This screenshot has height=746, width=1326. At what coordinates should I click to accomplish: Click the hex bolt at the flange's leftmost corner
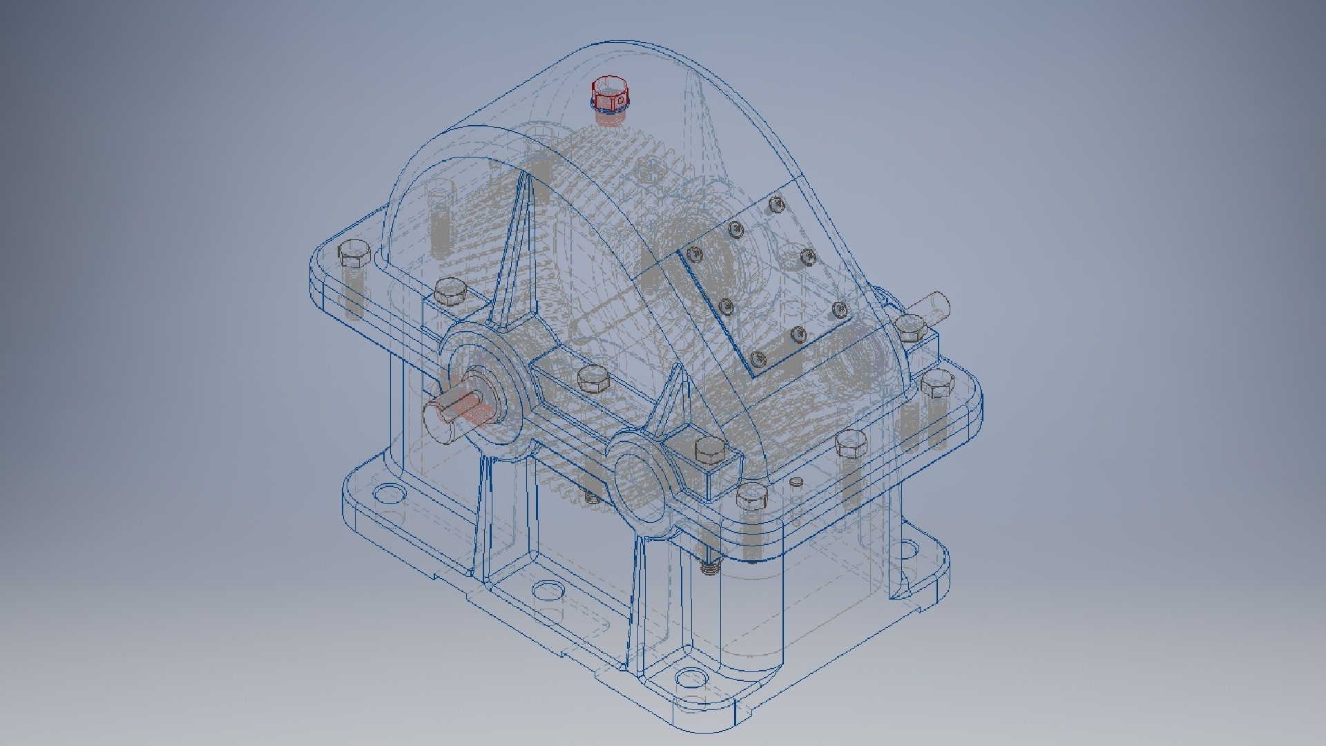(x=354, y=254)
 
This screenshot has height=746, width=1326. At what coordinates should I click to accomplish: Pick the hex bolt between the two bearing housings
(x=592, y=378)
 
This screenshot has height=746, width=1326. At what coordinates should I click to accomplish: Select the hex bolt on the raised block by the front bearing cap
(x=709, y=450)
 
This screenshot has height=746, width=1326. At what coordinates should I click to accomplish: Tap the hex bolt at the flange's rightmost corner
(x=936, y=383)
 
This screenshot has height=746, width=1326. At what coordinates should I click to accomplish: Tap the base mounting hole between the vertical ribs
(x=548, y=591)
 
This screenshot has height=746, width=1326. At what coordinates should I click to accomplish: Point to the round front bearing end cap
(x=639, y=477)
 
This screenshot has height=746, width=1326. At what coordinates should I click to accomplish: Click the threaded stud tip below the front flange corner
(x=710, y=568)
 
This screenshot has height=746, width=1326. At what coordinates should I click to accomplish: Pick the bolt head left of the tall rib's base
(x=450, y=291)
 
